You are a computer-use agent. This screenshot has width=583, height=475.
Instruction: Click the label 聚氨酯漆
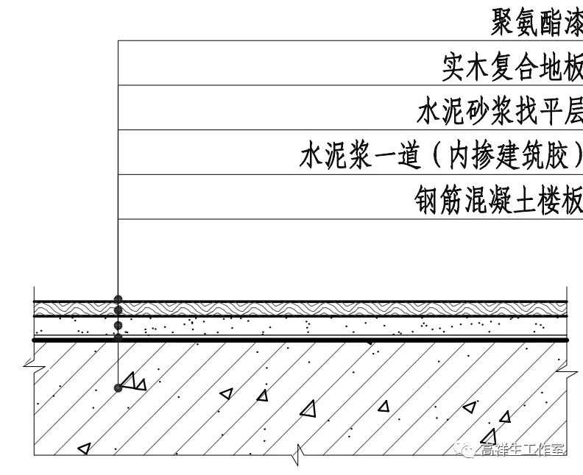click(x=536, y=22)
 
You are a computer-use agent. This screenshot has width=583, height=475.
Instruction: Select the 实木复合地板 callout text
click(x=512, y=67)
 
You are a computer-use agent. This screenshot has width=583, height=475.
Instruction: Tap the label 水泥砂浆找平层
click(x=499, y=112)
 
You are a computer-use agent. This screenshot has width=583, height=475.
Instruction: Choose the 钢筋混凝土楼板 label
click(x=498, y=200)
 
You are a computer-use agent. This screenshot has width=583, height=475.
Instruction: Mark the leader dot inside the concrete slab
click(x=118, y=387)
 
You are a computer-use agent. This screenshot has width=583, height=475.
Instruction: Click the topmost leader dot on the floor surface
click(x=118, y=300)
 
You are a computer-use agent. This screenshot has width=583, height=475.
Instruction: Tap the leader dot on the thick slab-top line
click(x=118, y=338)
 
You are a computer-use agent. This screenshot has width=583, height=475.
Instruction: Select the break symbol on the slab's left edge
click(x=30, y=364)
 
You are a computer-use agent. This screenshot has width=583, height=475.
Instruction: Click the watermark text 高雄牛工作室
click(x=523, y=450)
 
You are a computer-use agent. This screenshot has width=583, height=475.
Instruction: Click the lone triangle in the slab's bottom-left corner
click(x=84, y=447)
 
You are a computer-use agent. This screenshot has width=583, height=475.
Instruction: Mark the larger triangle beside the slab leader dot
click(x=130, y=381)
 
